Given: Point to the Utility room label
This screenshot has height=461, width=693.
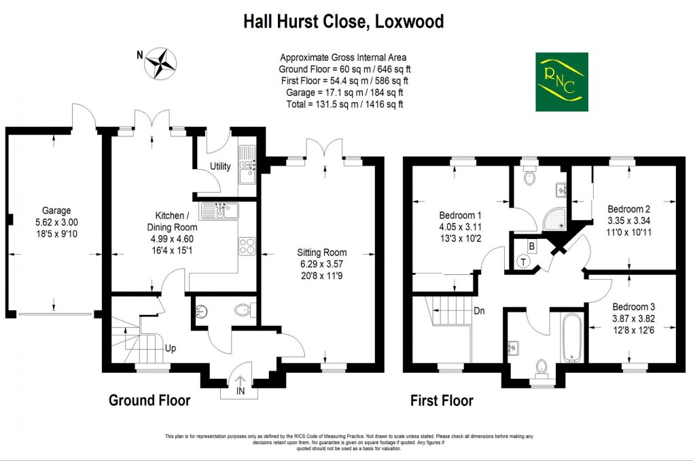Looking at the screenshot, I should click(220, 166).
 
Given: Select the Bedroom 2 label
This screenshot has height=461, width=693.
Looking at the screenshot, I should click(628, 208).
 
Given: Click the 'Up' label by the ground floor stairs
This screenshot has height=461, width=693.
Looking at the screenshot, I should click(171, 348).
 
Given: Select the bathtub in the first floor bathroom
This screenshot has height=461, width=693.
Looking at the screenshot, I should click(570, 337).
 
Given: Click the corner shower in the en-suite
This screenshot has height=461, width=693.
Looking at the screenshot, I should click(558, 217).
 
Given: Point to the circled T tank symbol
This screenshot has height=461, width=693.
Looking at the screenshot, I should click(524, 262).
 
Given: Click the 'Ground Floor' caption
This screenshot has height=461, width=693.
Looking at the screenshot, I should click(149, 401).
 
